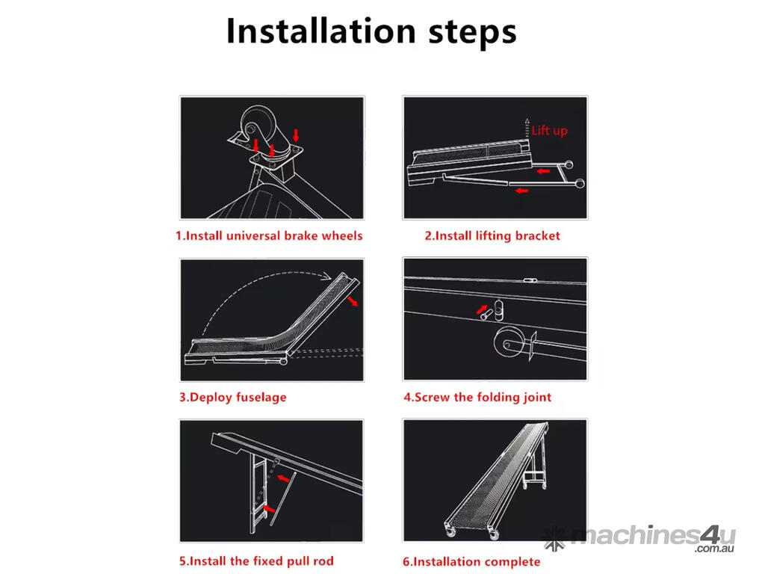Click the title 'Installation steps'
point(371,31)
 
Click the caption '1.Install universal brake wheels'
point(269,235)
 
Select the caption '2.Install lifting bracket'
point(492,235)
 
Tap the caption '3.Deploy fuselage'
point(233,398)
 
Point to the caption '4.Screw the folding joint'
point(477,398)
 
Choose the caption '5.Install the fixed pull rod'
point(257,561)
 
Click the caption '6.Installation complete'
point(471,562)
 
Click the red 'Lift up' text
point(549,130)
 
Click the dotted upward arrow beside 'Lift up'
point(527,128)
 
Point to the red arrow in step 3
point(353,300)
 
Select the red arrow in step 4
point(482,309)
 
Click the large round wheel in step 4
point(509,342)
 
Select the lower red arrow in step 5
point(268,508)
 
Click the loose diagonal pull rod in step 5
point(283,499)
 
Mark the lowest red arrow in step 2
point(522,191)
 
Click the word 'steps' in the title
point(472,33)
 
